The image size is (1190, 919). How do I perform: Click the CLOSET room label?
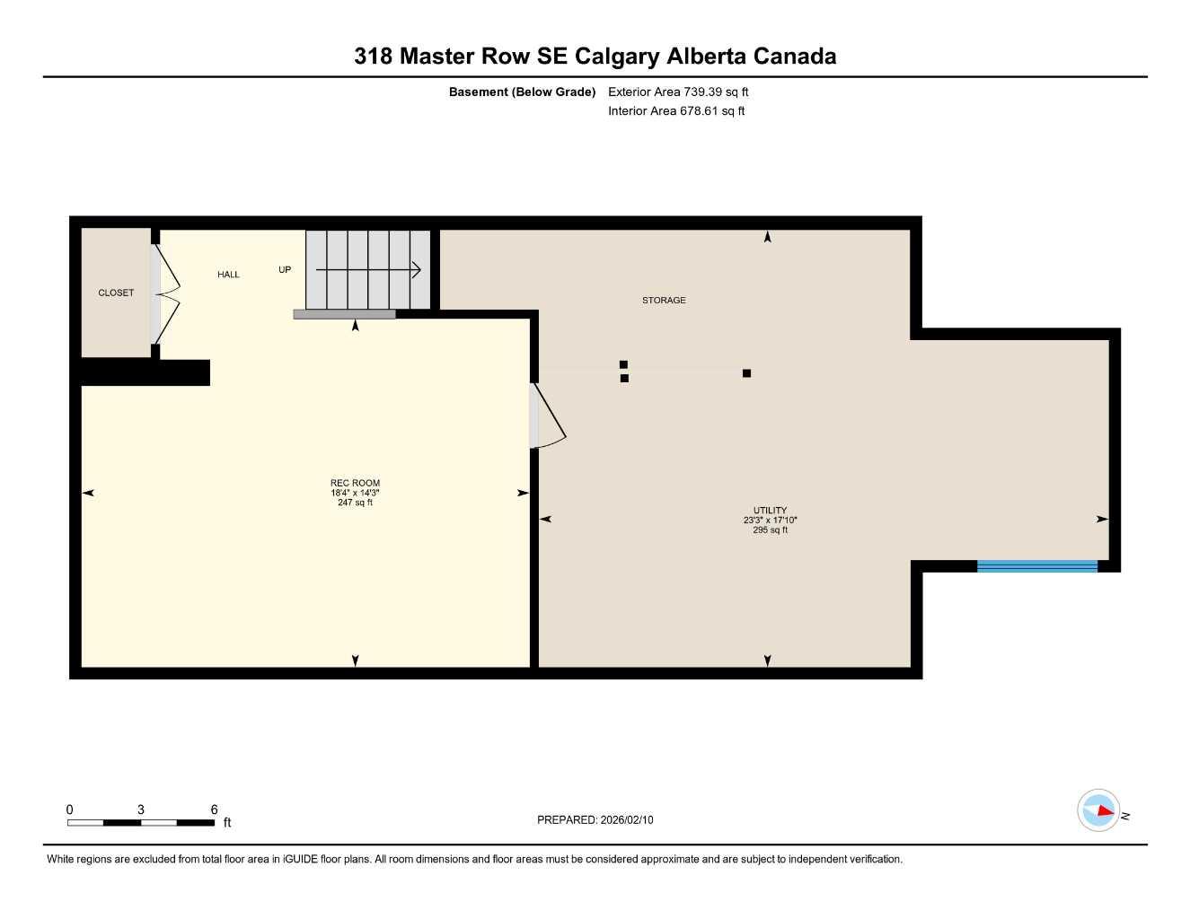pos(116,293)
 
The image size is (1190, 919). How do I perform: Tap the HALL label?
pos(228,275)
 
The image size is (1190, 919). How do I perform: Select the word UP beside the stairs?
pos(285,269)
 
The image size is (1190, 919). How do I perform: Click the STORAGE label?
pos(664,301)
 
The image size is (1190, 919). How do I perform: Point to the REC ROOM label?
pos(355,483)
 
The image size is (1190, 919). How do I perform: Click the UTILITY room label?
pos(770,510)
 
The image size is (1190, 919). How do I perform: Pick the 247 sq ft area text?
pos(355,503)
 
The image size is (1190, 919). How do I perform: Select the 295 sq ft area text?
pos(770,530)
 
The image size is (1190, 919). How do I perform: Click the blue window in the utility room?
pos(1036,565)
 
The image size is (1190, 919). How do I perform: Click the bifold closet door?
pos(167,293)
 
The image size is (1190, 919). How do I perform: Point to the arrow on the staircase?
pos(368,268)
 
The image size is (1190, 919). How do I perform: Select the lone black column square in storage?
pos(746,373)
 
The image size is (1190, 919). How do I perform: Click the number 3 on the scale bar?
pos(141,810)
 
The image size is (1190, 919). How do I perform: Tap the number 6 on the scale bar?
pos(214,810)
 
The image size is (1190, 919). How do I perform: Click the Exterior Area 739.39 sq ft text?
pos(678,92)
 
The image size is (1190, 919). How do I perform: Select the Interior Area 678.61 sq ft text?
pos(676,111)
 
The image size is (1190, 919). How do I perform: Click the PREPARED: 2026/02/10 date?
pos(595,819)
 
